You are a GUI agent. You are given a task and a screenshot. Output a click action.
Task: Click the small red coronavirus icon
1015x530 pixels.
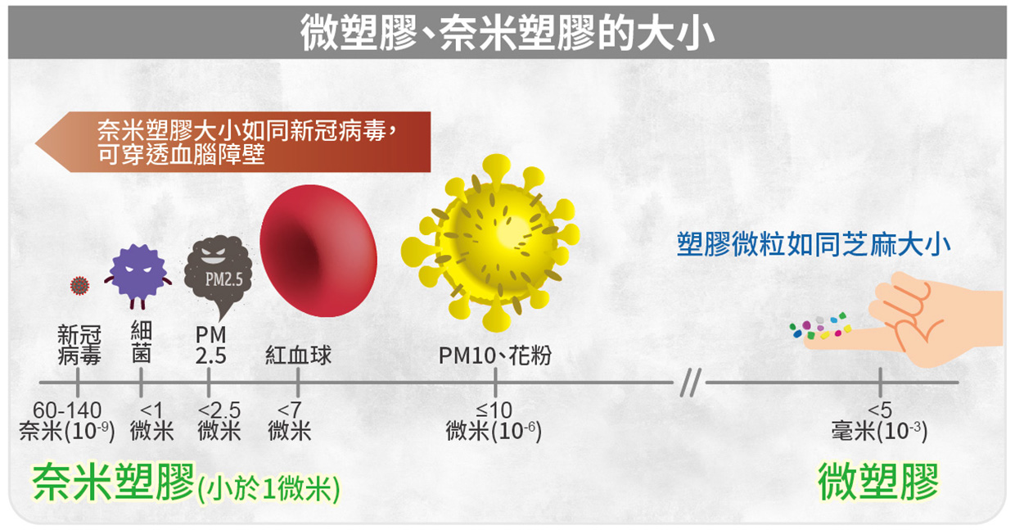[x=79, y=286]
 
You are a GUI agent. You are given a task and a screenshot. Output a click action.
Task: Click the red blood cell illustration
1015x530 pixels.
[x=318, y=251]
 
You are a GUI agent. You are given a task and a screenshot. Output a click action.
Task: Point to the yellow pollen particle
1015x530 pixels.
[x=490, y=242]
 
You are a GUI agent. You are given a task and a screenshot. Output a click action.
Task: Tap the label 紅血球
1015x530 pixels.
[x=298, y=355]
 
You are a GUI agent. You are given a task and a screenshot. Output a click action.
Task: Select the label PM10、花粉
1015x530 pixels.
[x=494, y=355]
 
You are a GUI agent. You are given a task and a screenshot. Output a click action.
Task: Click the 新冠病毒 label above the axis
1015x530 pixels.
[x=79, y=345]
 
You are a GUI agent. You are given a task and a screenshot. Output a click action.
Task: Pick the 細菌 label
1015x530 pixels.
[x=141, y=342]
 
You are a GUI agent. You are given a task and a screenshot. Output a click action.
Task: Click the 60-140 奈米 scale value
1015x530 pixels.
[x=66, y=421]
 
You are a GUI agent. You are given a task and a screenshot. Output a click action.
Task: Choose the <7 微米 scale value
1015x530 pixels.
[x=289, y=421]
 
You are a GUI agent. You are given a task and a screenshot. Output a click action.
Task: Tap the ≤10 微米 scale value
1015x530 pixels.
[x=494, y=421]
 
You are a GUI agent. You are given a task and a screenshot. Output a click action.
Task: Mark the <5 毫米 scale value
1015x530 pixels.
[x=879, y=421]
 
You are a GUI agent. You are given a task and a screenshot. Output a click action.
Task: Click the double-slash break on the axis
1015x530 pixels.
[x=690, y=383]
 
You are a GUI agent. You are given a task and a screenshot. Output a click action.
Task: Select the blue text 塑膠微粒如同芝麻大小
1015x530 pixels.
[x=814, y=244]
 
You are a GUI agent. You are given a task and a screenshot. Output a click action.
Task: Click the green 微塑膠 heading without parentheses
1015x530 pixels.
[x=878, y=482]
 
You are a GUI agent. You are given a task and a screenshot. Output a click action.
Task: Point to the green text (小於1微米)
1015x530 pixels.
[x=268, y=489]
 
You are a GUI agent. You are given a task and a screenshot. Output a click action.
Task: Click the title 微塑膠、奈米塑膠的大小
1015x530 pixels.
[x=508, y=33]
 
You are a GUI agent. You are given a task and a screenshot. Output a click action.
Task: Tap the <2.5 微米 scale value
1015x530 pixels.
[x=219, y=421]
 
